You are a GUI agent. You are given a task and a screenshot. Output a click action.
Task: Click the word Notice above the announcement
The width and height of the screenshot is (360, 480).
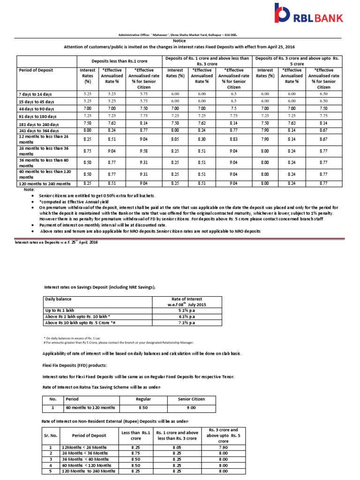click(x=180, y=41)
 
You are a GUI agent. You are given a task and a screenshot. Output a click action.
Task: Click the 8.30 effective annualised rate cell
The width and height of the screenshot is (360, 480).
click(x=202, y=139)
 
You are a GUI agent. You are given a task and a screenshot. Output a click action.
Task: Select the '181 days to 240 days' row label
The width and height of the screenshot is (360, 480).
click(x=39, y=125)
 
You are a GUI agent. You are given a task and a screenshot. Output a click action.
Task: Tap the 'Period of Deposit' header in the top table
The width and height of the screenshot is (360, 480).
click(x=36, y=70)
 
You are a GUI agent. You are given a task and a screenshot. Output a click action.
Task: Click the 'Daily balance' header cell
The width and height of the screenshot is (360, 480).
click(x=57, y=299)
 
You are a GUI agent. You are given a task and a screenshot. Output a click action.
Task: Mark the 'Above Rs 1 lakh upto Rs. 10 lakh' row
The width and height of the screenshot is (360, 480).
click(x=74, y=316)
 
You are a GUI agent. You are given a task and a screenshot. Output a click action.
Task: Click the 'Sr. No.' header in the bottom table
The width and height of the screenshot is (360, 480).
click(x=50, y=435)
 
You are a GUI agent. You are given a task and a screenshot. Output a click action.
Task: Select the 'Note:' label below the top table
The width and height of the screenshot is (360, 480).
click(x=29, y=190)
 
